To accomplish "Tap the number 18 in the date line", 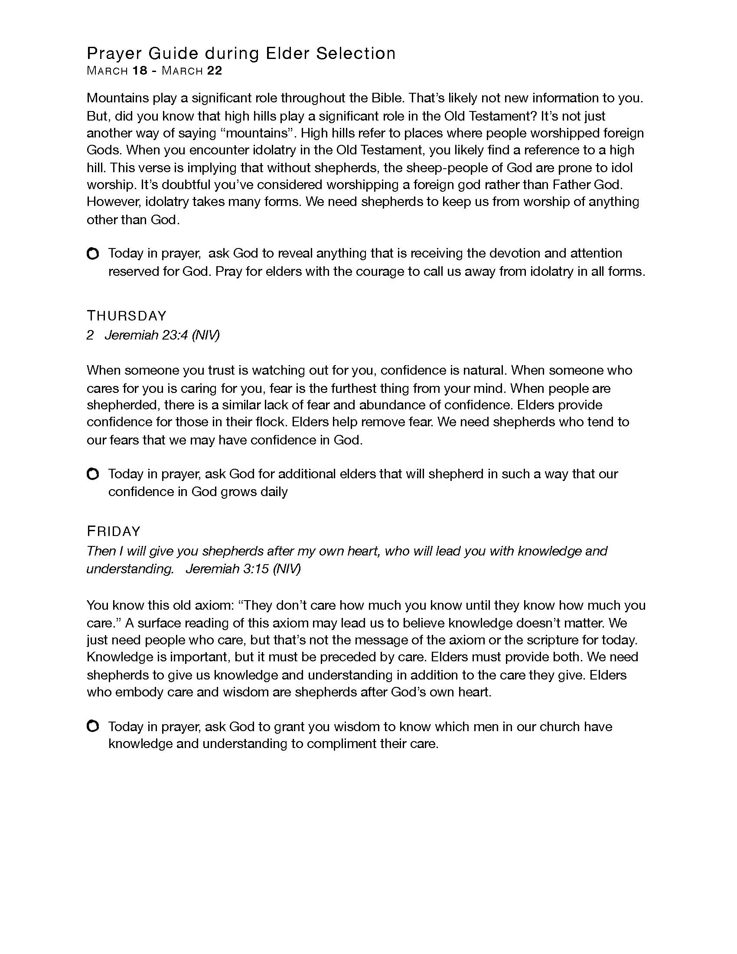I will [140, 71].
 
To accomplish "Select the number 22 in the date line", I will [214, 71].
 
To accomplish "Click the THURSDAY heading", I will [127, 316].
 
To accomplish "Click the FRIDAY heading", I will [114, 532].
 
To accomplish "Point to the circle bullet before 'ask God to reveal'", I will [93, 254].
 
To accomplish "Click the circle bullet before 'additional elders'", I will [93, 474].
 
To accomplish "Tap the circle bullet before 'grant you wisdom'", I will [93, 726].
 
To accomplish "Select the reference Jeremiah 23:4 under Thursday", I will [162, 335].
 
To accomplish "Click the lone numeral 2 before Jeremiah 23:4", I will [90, 335].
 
